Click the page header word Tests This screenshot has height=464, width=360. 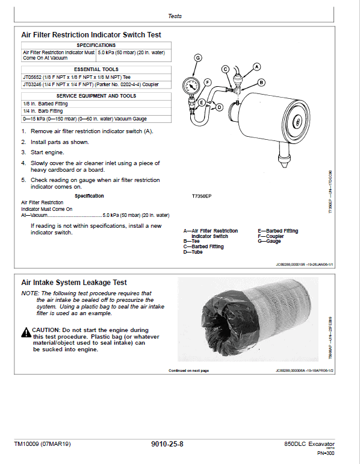click(x=175, y=16)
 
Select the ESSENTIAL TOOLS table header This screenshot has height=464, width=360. click(x=96, y=69)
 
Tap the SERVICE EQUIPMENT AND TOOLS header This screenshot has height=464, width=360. click(x=96, y=96)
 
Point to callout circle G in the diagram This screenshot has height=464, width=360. click(x=198, y=57)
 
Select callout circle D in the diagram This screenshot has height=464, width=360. click(x=219, y=107)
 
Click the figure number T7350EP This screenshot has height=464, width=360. click(x=202, y=197)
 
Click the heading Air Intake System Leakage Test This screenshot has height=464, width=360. click(x=74, y=282)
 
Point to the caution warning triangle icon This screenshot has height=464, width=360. click(x=25, y=332)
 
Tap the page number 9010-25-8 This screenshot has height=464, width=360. click(x=167, y=445)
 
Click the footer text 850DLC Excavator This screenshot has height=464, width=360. click(x=309, y=444)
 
